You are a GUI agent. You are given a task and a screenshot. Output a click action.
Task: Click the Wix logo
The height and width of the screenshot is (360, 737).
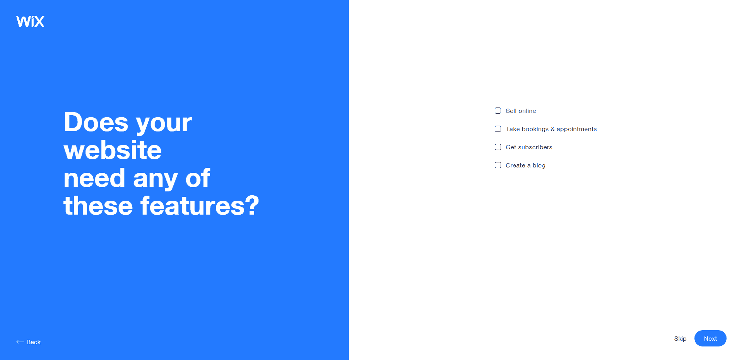pos(30,21)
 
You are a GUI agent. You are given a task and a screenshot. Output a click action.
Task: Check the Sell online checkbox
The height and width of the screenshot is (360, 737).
pos(498,111)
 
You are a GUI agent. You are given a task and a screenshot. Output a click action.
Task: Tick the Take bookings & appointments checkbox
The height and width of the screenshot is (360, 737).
pos(498,129)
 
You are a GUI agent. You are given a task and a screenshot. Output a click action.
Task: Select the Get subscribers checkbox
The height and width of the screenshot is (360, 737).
pos(498,147)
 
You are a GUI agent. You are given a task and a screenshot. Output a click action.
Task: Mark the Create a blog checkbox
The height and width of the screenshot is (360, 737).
pos(498,165)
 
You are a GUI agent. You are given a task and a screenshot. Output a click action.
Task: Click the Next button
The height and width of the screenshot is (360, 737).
pos(710,338)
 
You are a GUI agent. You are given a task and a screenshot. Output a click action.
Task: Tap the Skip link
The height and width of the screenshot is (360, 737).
pos(680,339)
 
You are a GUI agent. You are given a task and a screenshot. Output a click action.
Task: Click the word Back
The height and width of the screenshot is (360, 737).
pos(33,342)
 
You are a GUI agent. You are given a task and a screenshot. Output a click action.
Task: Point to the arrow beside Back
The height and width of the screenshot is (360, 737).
pos(20,342)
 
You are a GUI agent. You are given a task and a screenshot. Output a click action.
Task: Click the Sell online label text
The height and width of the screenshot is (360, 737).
pos(521,111)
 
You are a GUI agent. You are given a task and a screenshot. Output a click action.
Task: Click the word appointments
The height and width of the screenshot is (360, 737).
pos(576,129)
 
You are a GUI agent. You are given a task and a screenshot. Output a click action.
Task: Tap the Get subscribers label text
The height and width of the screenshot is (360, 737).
pos(529,147)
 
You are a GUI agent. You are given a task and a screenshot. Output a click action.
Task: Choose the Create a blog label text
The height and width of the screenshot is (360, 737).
pos(525,165)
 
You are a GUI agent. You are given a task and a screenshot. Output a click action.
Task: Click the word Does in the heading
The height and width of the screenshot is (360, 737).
pos(96,122)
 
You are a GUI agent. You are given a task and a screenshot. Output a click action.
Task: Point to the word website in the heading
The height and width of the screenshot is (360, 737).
pos(113,150)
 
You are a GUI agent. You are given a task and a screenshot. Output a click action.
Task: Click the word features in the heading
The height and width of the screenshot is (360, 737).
pos(193,205)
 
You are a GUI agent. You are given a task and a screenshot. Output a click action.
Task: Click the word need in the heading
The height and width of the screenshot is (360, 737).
pos(94,178)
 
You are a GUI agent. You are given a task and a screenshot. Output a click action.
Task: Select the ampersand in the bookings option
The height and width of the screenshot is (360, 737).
pos(552,129)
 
